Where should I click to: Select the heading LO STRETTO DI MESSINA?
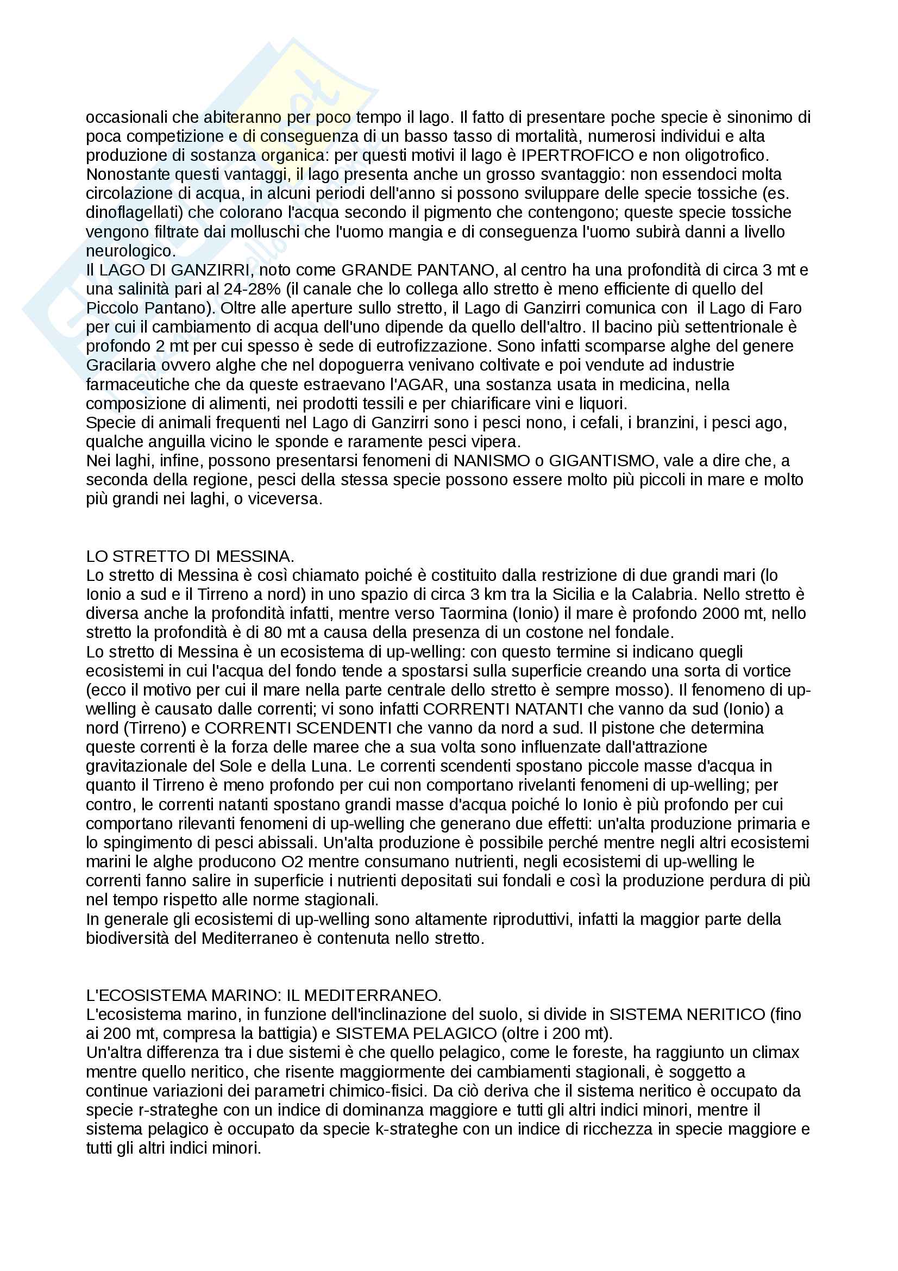point(190,556)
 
